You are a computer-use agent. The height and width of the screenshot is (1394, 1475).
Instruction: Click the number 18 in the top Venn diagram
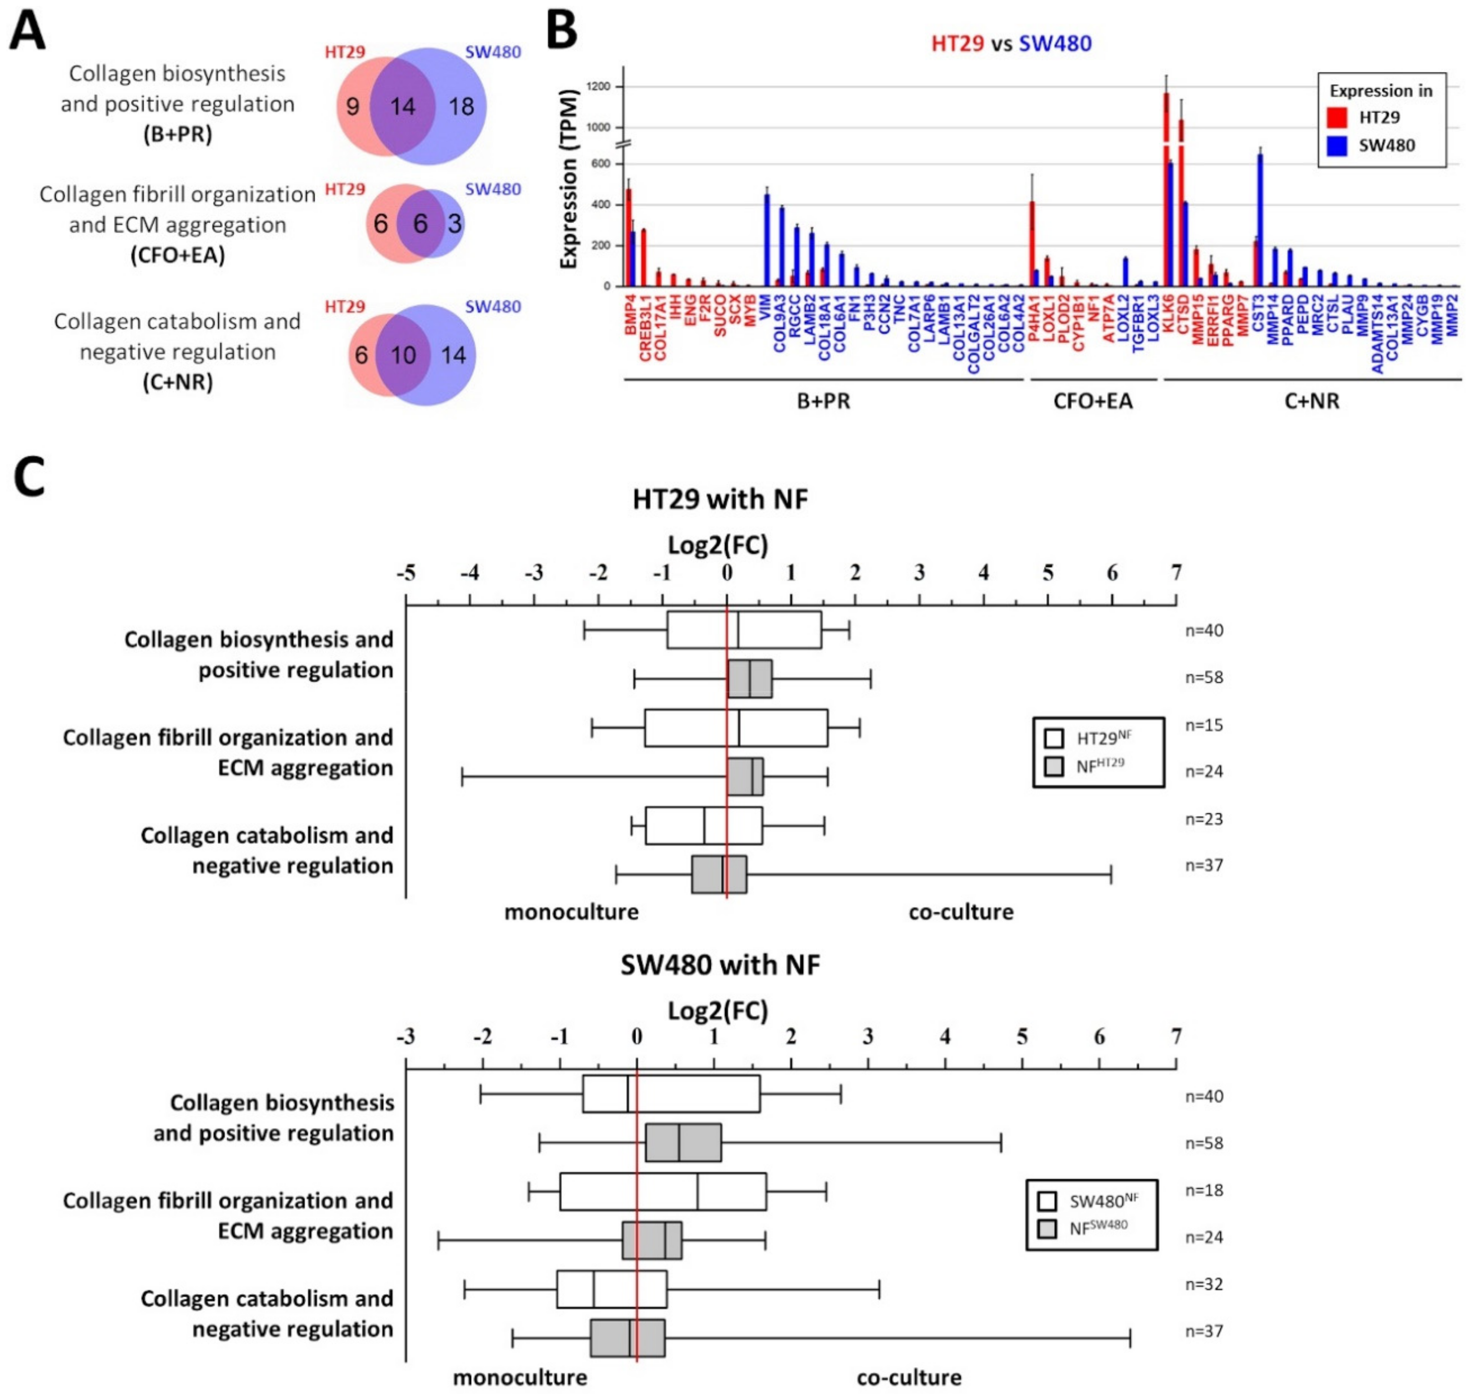coord(461,106)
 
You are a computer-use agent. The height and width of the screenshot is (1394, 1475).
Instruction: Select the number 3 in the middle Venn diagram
coord(454,223)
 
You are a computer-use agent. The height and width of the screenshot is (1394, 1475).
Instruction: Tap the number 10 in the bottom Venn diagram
coord(403,355)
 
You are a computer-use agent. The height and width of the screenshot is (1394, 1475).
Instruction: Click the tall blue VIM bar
coord(766,238)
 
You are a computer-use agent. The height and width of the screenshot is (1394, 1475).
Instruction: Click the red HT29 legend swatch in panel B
coord(1337,118)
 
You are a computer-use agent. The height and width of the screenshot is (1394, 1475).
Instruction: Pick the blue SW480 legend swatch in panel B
coord(1337,145)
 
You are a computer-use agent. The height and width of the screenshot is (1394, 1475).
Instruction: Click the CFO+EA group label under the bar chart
coord(1092,402)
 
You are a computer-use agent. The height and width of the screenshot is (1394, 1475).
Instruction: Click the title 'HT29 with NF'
coord(720,499)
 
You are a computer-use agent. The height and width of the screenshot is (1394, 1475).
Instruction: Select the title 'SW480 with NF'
coord(720,964)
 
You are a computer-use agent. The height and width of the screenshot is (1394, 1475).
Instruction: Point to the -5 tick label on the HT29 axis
coord(406,573)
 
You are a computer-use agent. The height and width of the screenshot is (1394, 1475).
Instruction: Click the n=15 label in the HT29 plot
coord(1204,725)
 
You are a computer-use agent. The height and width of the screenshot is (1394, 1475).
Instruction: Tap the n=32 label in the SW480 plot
coord(1204,1284)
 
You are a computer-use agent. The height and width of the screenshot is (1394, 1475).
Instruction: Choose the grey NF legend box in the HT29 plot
coord(1053,766)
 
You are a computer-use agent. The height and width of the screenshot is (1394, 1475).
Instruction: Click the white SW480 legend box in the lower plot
coord(1048,1201)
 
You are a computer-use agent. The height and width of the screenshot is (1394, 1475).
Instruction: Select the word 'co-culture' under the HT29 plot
coord(961,912)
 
